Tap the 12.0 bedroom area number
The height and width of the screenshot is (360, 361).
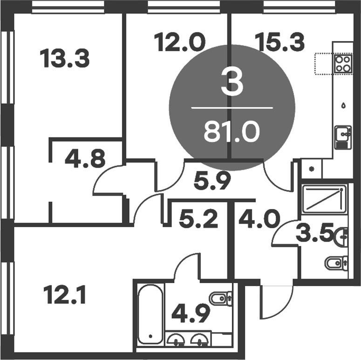click(179, 42)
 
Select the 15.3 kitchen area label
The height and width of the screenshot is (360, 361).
click(280, 42)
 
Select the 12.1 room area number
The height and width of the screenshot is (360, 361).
click(65, 295)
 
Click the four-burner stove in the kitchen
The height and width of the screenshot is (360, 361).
click(343, 64)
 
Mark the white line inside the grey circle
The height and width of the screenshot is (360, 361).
click(232, 109)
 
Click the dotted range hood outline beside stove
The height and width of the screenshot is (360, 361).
click(324, 64)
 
